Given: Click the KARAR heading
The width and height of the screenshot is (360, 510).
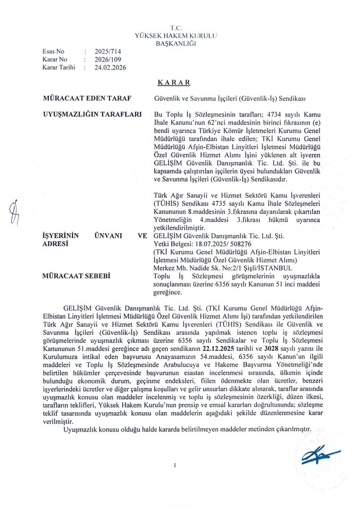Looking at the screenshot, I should point(174,82).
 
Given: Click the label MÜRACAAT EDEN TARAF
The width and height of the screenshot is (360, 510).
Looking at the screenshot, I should point(87,98).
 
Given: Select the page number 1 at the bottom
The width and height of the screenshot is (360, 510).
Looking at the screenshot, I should point(175,466).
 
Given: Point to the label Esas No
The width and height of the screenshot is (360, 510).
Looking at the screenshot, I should point(53,51).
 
